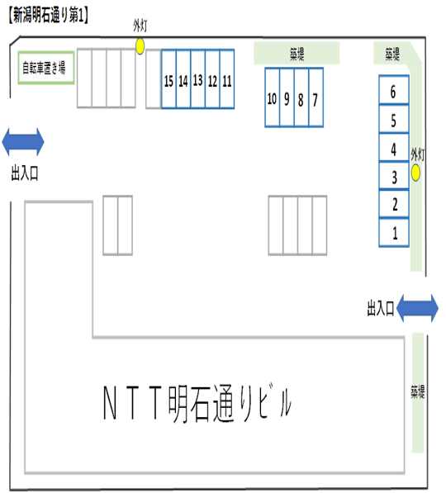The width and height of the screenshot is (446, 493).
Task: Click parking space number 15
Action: tap(168, 80)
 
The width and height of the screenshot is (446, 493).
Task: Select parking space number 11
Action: tap(227, 80)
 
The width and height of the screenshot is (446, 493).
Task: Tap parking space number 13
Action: tap(198, 80)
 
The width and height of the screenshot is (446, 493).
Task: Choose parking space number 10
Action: tap(273, 98)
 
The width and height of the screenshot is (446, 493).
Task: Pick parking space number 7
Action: tap(315, 98)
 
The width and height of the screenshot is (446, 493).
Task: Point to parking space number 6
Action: tap(395, 91)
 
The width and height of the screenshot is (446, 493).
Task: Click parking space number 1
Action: tap(395, 232)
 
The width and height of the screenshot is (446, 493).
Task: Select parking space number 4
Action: tap(395, 149)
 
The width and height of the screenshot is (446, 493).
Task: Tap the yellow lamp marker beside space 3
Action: tap(416, 173)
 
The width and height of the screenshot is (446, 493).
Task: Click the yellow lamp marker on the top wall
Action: tap(140, 46)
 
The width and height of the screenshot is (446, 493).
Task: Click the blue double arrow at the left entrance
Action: tap(23, 141)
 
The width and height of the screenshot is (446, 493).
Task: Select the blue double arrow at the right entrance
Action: tap(418, 308)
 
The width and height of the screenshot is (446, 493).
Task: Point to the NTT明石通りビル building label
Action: tap(198, 404)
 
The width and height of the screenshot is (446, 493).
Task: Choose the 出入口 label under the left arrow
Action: tap(24, 173)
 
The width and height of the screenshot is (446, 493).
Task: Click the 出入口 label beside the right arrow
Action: tap(380, 308)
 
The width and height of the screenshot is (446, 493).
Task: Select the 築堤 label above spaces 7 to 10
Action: tap(297, 54)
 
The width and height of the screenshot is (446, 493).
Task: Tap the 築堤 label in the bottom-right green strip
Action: tap(419, 391)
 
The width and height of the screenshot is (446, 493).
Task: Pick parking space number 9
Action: tap(287, 98)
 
